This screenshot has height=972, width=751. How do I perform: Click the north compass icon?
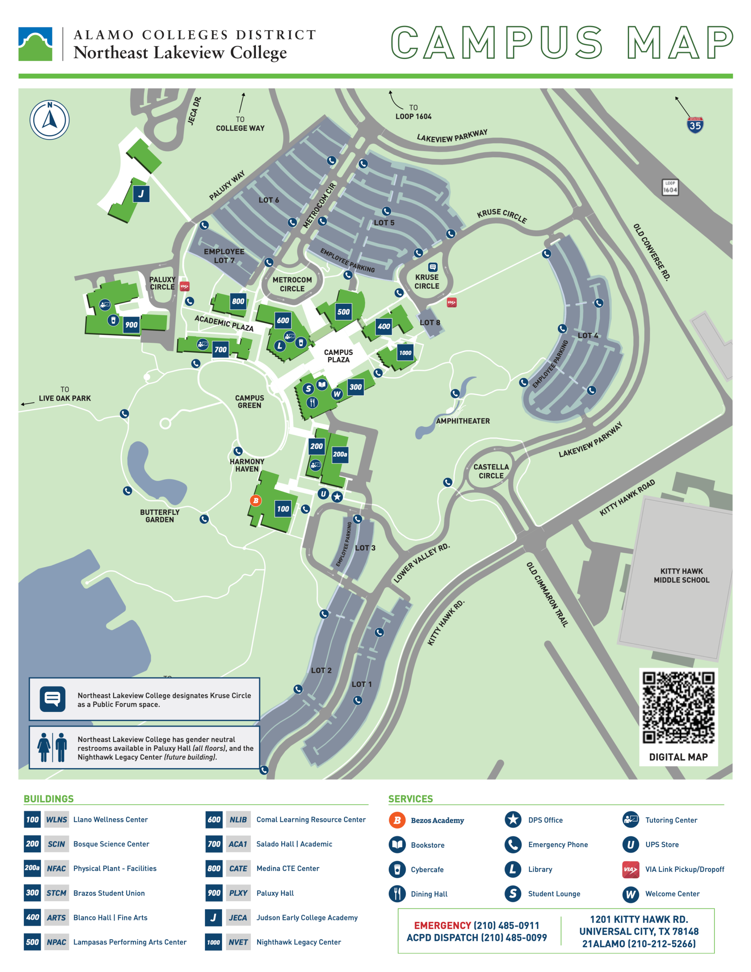point(49,120)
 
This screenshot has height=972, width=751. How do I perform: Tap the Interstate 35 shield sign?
point(694,125)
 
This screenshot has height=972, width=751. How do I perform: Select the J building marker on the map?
point(141,194)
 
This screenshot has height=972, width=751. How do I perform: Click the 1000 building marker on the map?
point(405,353)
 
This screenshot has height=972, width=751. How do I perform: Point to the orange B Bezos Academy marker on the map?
point(256,501)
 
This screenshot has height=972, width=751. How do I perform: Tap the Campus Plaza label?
point(338,356)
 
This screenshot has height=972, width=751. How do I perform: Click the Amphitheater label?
point(462,421)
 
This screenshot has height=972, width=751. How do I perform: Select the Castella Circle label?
point(491,471)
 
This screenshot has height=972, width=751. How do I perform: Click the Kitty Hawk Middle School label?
point(681,576)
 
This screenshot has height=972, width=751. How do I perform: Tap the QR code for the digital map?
point(678,707)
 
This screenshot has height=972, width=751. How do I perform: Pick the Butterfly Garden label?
point(159,516)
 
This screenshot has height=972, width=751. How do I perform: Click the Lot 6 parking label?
point(269,200)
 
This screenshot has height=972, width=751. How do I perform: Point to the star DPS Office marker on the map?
point(337,497)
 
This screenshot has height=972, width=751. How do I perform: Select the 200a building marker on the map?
point(340,454)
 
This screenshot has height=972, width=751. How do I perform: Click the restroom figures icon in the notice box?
point(52,748)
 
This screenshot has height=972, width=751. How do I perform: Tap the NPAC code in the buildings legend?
point(57,942)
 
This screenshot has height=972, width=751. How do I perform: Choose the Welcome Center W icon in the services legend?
point(630,894)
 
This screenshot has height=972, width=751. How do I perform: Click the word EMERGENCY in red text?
point(442,925)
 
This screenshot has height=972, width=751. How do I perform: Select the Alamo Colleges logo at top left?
point(35,44)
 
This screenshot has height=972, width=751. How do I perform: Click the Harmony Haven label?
point(247,465)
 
